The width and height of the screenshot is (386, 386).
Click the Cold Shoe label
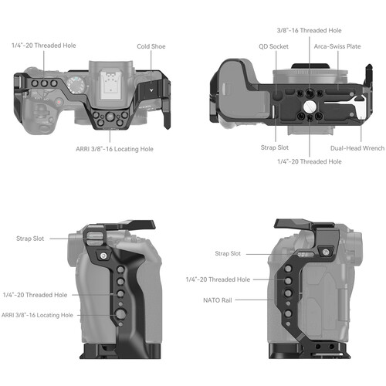coord(151,46)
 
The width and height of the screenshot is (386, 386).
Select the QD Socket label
coord(273,46)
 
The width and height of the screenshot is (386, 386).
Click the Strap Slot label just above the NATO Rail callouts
coord(226,253)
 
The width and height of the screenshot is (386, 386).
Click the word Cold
coord(144,46)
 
